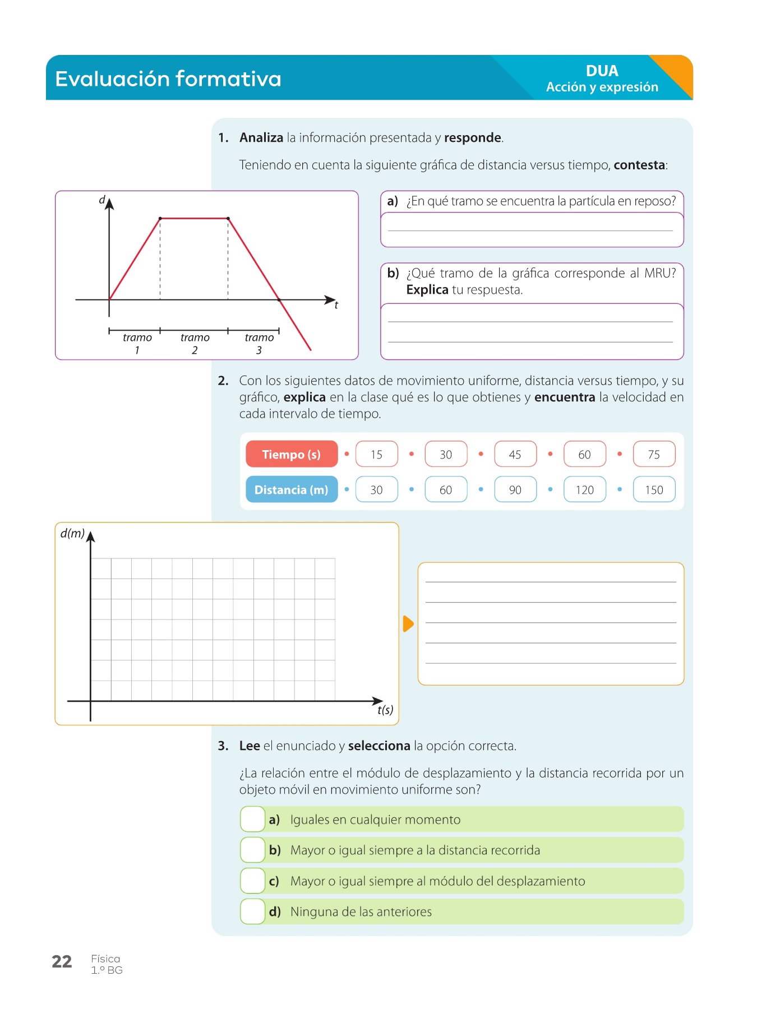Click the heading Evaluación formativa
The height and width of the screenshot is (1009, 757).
coord(168,78)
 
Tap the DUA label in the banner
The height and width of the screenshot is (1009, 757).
coord(602,71)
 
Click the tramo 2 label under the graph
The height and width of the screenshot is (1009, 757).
coord(195,344)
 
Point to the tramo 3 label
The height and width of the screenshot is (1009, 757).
coord(259,344)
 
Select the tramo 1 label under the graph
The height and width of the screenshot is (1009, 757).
coord(137,344)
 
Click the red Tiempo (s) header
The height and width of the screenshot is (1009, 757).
coord(292,455)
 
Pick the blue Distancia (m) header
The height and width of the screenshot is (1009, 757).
coord(292,490)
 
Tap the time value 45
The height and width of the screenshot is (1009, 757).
coord(515,455)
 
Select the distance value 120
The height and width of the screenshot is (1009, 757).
coord(584,490)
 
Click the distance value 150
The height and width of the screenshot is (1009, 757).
coord(654,490)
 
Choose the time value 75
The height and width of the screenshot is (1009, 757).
coord(654,455)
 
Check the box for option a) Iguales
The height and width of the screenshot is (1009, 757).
coord(252,820)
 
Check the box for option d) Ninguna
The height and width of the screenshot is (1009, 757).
coord(252,911)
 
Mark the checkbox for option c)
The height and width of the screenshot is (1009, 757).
coord(252,881)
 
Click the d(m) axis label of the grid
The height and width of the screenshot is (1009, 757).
coord(72,534)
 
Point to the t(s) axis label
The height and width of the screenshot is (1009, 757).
coord(385,710)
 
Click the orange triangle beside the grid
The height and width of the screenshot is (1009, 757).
coord(408,623)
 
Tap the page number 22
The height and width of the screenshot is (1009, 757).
coord(62,962)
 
